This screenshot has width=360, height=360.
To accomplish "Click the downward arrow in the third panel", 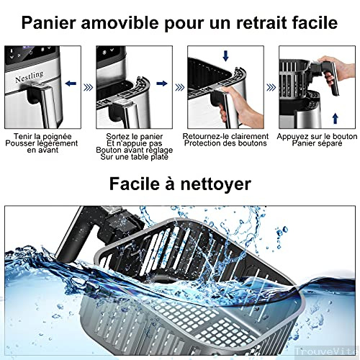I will pos(227,56).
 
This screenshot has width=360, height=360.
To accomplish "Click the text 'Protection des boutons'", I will pos(226,143).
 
